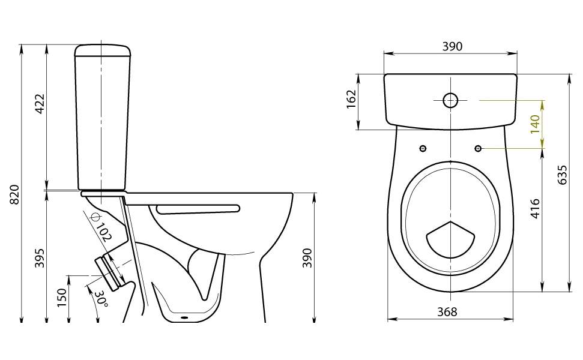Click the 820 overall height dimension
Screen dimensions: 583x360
(15, 194)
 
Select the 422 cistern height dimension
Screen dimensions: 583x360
(40, 104)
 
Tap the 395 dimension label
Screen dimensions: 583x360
(40, 257)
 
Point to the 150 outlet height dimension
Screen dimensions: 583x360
(62, 297)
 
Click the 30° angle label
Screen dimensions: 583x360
(100, 299)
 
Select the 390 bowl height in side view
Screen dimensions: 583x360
(307, 258)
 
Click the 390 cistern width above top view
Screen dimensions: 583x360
(453, 46)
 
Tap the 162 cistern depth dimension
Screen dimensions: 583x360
(351, 99)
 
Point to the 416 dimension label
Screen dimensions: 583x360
(534, 208)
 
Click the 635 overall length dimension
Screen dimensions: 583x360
(563, 175)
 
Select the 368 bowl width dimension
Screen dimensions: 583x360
(447, 312)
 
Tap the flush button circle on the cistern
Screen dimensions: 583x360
(450, 100)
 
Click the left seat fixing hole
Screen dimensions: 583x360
(423, 149)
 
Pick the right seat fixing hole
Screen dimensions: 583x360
(478, 149)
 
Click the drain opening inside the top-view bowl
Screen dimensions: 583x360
(450, 240)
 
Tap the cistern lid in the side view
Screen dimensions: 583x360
(103, 50)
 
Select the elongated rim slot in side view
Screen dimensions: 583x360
(198, 208)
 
